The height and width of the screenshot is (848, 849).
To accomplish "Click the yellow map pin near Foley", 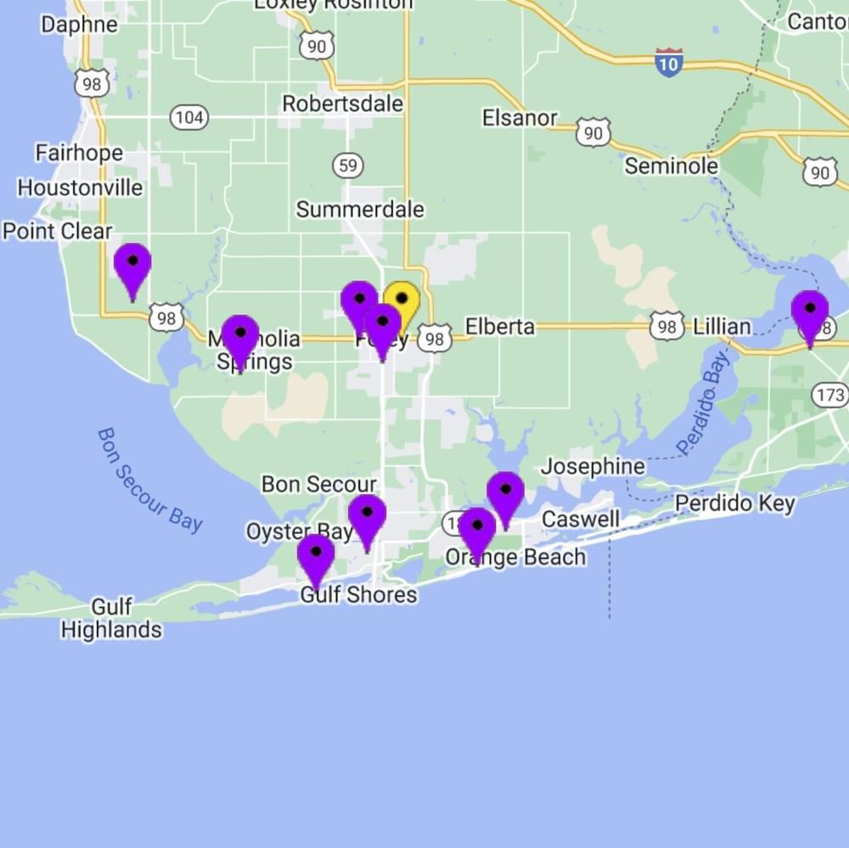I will click(402, 305).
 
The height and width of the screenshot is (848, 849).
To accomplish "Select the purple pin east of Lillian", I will click(810, 315).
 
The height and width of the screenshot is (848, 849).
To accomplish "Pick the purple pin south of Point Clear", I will click(132, 267).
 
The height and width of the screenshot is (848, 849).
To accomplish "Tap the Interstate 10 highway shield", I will click(669, 63).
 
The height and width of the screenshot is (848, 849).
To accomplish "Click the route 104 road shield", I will click(188, 117).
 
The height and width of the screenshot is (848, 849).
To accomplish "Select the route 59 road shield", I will click(348, 165).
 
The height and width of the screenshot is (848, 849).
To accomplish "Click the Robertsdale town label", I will click(343, 104).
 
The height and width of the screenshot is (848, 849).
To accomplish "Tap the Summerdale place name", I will click(360, 209).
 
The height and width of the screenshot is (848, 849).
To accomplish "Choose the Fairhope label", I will click(79, 153).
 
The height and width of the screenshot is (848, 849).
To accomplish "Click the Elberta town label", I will click(500, 327).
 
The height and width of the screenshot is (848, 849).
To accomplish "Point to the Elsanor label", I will click(520, 118).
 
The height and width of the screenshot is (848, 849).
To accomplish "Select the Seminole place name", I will click(671, 166).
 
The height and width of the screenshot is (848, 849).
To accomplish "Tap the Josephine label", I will click(593, 467).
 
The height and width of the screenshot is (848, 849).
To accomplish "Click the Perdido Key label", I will click(735, 503).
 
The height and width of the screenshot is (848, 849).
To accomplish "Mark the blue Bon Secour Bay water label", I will click(149, 480).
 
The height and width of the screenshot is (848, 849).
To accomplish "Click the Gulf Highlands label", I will click(111, 619).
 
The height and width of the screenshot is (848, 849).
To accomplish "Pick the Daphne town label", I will click(79, 24).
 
